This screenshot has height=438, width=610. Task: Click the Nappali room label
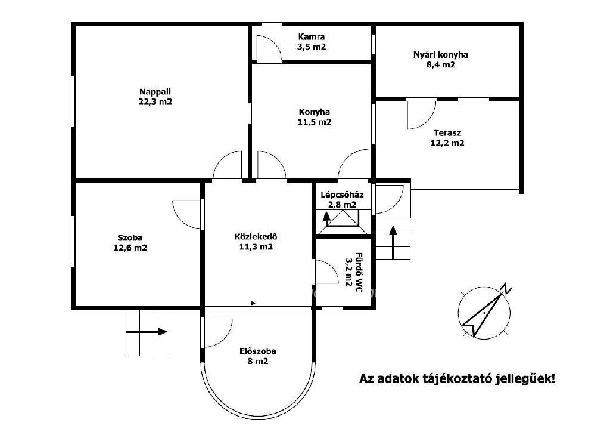coord(155,92)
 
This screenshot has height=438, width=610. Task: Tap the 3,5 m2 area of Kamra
coord(311,47)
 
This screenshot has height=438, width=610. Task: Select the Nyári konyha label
coord(440,55)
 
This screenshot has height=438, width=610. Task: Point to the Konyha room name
coord(315,112)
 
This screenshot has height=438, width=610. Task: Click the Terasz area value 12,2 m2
coord(447,143)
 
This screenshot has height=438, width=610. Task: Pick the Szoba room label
coord(130,237)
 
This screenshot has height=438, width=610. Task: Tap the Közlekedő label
coord(256,236)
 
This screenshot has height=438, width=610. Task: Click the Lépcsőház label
coord(342,195)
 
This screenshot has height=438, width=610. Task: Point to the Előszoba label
coord(258,351)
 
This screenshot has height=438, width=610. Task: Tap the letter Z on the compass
coord(506,289)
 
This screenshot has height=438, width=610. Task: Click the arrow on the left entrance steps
coord(147,332)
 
